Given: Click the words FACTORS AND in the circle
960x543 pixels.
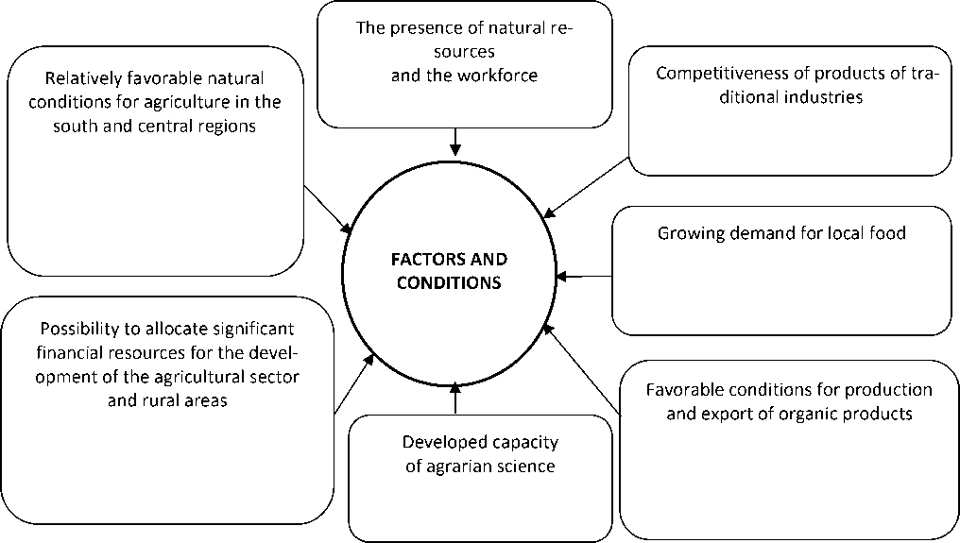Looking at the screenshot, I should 450,259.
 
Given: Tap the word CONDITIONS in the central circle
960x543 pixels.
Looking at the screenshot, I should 450,281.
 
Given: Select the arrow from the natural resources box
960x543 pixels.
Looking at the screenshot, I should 455,141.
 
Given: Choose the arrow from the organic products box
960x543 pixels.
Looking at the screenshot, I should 582,369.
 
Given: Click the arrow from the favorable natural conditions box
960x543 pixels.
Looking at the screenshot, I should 328,209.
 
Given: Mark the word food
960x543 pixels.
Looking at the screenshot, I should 888,232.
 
